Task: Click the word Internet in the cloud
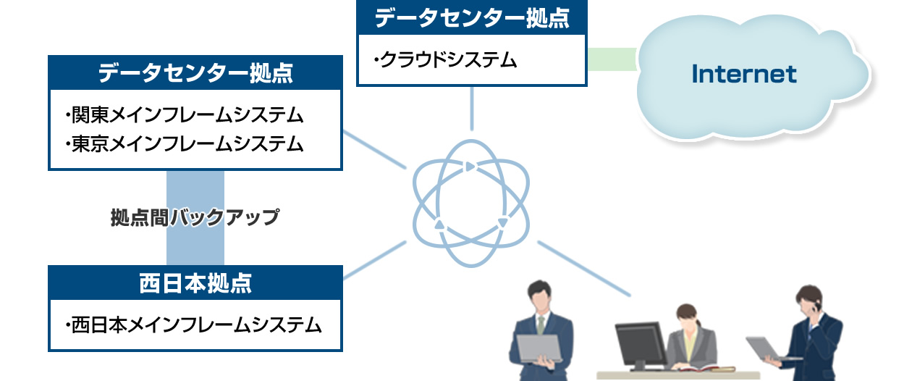click(744, 74)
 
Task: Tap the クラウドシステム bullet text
click(445, 60)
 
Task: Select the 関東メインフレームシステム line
click(185, 115)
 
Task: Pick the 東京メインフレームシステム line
click(185, 144)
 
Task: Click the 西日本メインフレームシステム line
click(194, 325)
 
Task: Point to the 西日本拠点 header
click(195, 283)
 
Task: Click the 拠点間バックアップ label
click(195, 217)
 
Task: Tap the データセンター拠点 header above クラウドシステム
click(472, 18)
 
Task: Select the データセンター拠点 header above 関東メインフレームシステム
click(195, 73)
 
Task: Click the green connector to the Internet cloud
click(612, 59)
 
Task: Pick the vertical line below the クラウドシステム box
click(472, 109)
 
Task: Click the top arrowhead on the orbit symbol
click(470, 167)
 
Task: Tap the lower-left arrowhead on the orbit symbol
click(439, 224)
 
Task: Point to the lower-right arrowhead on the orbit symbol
click(503, 222)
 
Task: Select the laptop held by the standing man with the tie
click(539, 349)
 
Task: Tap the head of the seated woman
click(687, 315)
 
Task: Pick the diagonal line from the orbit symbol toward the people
click(584, 269)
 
